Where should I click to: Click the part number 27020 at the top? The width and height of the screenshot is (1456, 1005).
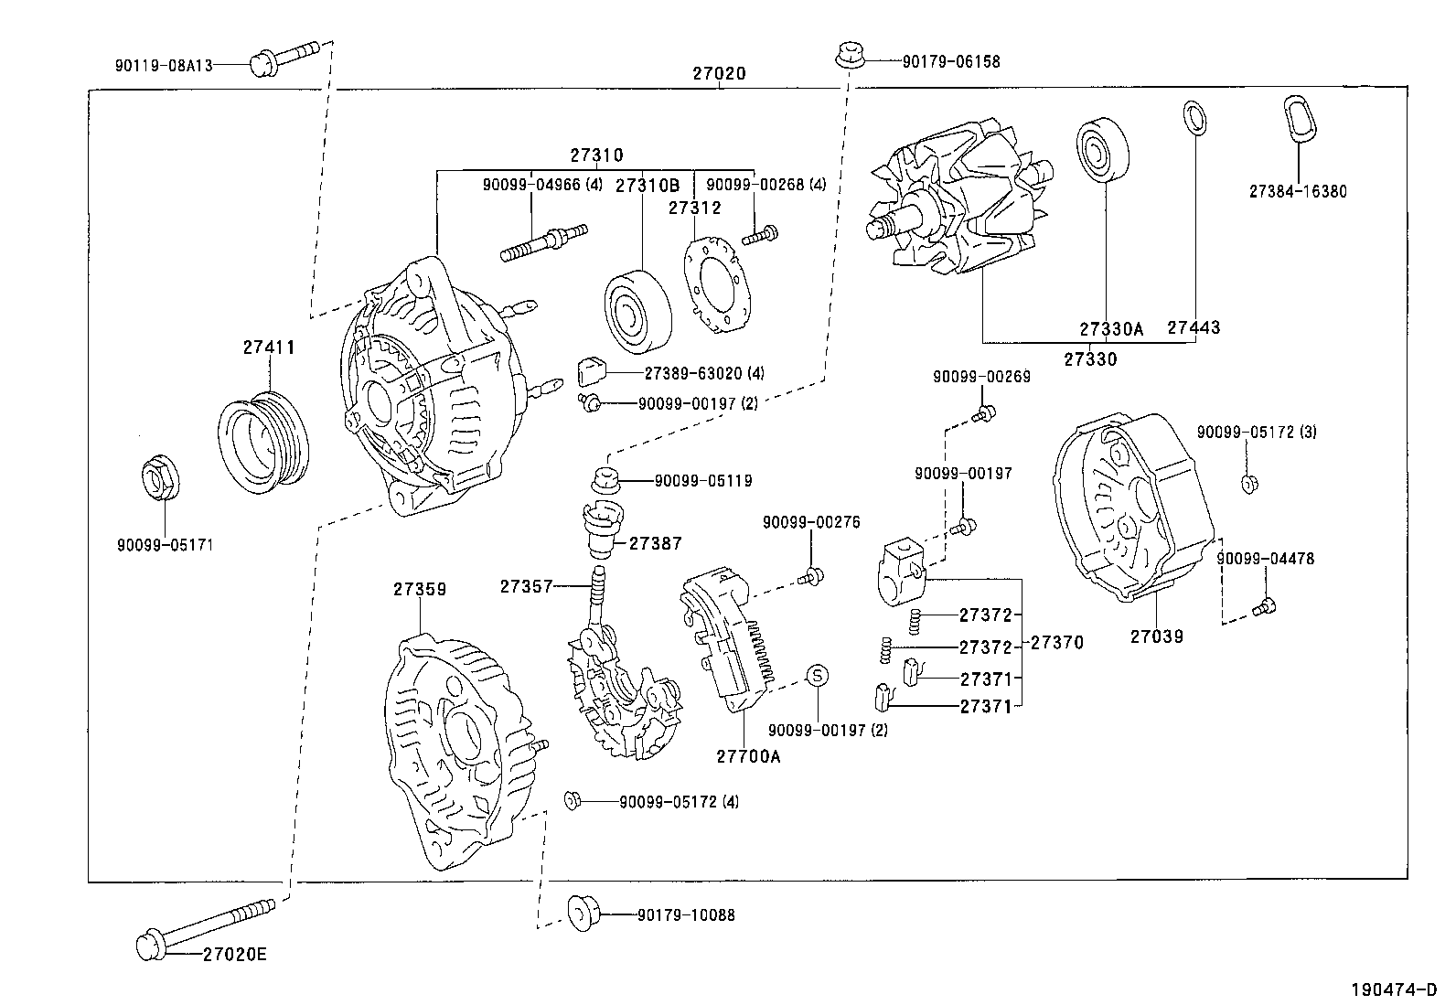[x=719, y=74]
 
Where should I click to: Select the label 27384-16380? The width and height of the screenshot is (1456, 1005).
[x=1297, y=192]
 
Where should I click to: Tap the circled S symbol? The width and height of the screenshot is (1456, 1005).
[x=818, y=675]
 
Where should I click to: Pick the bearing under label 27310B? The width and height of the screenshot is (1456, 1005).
[x=638, y=312]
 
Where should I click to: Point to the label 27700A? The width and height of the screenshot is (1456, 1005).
[x=748, y=757]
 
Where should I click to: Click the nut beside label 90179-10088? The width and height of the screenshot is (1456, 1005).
[x=583, y=914]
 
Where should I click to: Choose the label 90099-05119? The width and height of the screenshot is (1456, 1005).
[x=703, y=480]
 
